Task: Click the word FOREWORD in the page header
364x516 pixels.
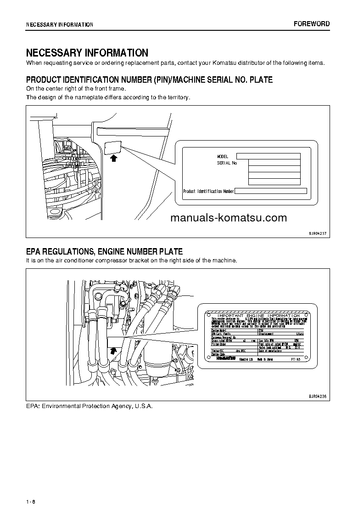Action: coord(312,24)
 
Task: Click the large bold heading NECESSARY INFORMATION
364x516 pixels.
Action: coord(87,53)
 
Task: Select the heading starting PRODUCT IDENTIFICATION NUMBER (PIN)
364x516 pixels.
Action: coord(149,80)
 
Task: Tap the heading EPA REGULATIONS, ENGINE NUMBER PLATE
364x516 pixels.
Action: coord(104,251)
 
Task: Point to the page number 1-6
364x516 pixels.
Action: coord(31,501)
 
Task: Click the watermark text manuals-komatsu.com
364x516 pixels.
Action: coord(228,218)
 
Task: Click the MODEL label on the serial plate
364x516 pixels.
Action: coord(223,157)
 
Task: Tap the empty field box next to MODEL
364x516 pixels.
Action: coord(269,156)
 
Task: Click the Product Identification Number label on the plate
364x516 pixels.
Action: coord(208,191)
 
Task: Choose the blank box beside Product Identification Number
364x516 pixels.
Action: coord(271,191)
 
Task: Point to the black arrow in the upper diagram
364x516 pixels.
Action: coord(114,158)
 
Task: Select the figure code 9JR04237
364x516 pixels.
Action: coord(317,233)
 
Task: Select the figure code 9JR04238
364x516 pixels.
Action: coord(317,396)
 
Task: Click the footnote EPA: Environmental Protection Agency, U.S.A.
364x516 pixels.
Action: coord(89,406)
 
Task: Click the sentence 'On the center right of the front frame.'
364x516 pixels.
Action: coord(76,88)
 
